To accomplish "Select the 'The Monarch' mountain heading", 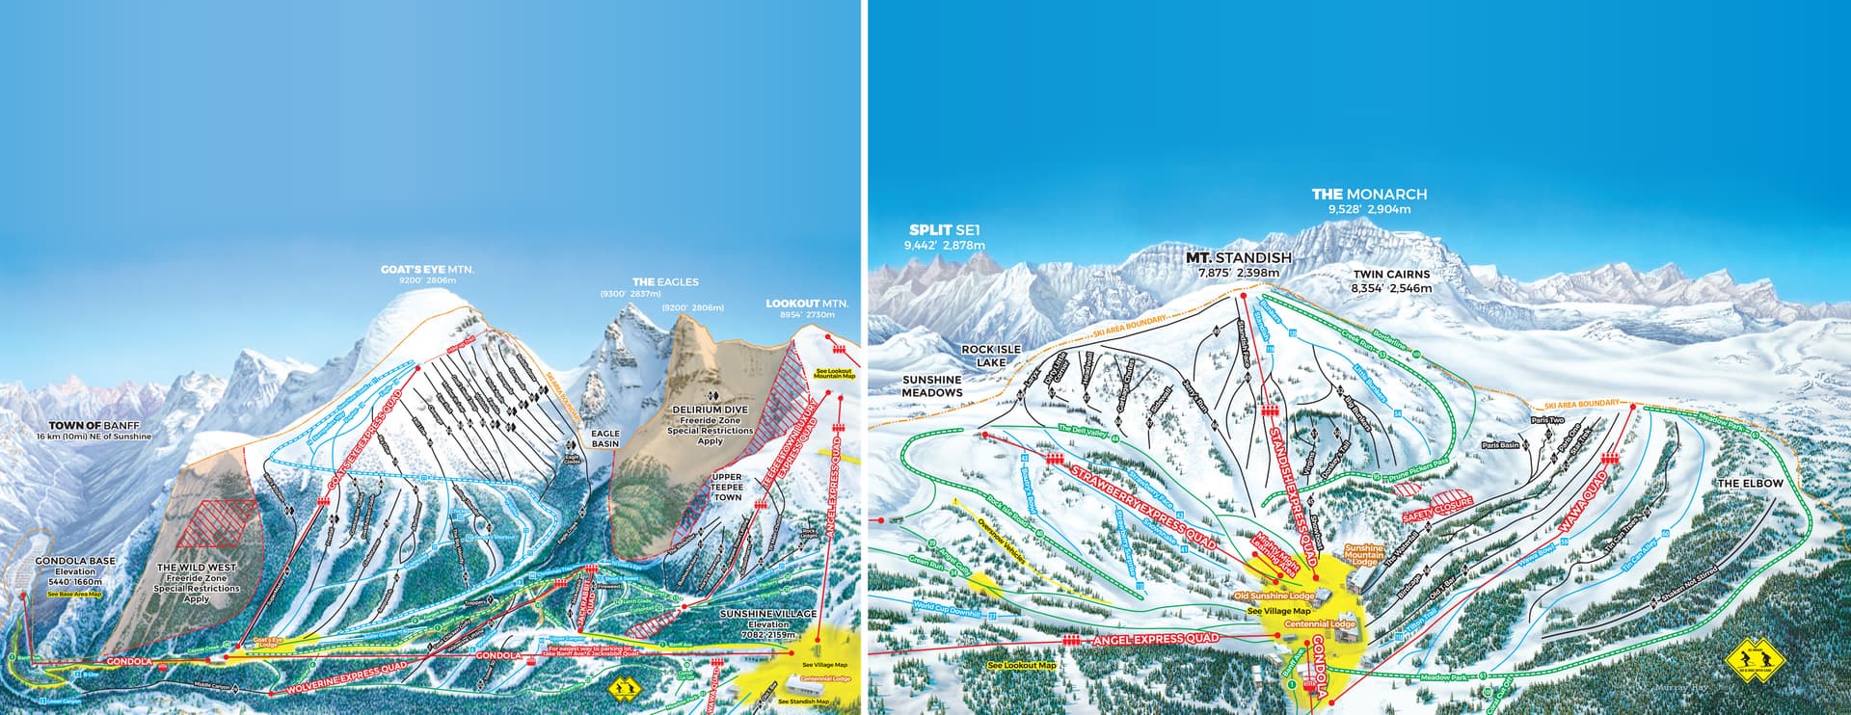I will point(1369,195).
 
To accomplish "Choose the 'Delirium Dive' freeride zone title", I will point(711,410).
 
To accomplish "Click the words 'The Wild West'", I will point(197,569).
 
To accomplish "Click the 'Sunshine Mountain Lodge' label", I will point(1363,554).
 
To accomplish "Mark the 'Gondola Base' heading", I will point(75,560).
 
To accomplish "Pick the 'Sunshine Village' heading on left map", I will point(769,613).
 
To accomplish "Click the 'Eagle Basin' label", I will point(604,439).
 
